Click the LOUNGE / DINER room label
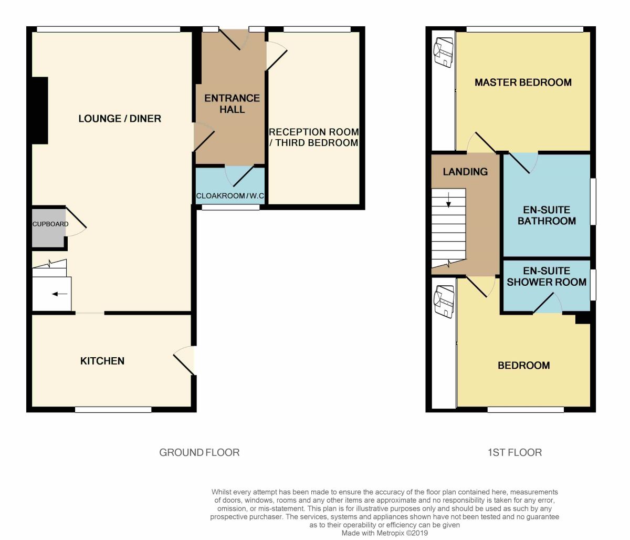click(120, 119)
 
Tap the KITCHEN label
click(102, 361)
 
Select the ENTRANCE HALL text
click(232, 103)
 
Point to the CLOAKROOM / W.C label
click(230, 196)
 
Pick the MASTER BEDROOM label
click(523, 82)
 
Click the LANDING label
click(465, 172)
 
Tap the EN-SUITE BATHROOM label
click(547, 215)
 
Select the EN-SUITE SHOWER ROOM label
click(547, 276)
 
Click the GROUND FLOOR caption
click(199, 452)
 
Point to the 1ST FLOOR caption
click(515, 452)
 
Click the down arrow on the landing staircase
click(448, 200)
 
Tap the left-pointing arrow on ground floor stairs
click(60, 294)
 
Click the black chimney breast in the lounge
click(40, 110)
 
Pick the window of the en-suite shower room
click(593, 285)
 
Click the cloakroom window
click(230, 207)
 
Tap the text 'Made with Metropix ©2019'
click(384, 533)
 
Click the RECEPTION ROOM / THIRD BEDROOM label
click(314, 138)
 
